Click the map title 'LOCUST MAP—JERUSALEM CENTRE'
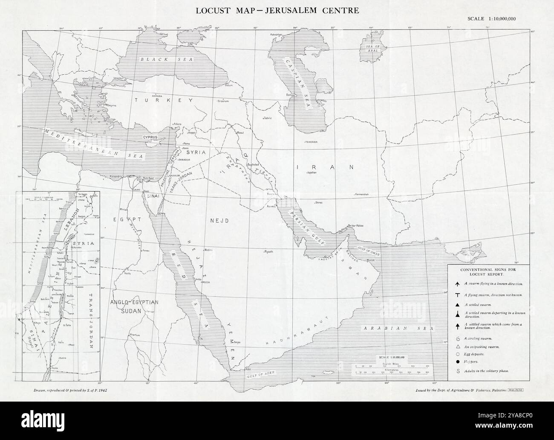click(277, 10)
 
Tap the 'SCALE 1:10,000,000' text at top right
click(491, 18)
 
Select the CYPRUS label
click(151, 137)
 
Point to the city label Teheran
click(311, 142)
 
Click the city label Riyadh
click(268, 251)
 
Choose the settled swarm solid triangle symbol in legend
click(457, 305)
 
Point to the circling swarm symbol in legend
click(457, 338)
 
